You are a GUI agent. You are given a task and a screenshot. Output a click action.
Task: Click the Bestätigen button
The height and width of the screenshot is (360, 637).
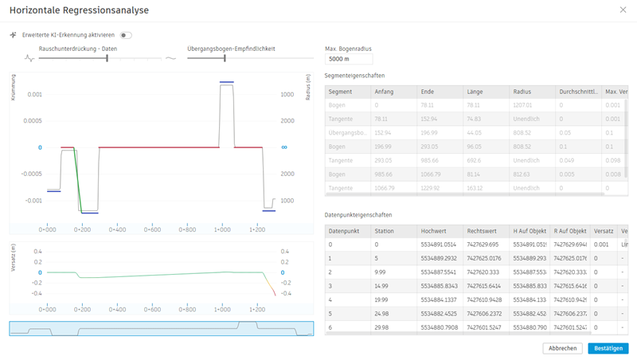608,348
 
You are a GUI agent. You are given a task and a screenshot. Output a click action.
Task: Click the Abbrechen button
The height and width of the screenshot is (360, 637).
562,348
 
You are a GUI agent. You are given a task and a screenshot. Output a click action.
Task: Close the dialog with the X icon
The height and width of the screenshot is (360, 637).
623,10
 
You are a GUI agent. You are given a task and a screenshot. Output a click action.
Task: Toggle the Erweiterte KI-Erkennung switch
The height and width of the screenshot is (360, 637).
126,35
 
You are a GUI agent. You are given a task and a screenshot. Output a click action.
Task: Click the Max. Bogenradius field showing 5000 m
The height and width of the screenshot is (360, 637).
349,59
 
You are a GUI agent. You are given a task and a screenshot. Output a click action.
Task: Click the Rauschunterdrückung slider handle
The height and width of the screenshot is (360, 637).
107,57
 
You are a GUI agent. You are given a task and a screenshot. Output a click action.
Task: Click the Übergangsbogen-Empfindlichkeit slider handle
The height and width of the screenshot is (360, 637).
225,57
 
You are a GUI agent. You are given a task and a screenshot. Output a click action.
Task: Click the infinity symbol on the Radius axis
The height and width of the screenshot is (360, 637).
284,147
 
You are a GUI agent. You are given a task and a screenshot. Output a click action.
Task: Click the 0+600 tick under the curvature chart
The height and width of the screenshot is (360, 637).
152,229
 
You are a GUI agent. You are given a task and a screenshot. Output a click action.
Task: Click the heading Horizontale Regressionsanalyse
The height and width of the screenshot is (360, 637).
79,10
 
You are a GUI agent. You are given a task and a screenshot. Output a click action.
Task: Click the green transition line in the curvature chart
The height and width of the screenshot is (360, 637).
75,179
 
